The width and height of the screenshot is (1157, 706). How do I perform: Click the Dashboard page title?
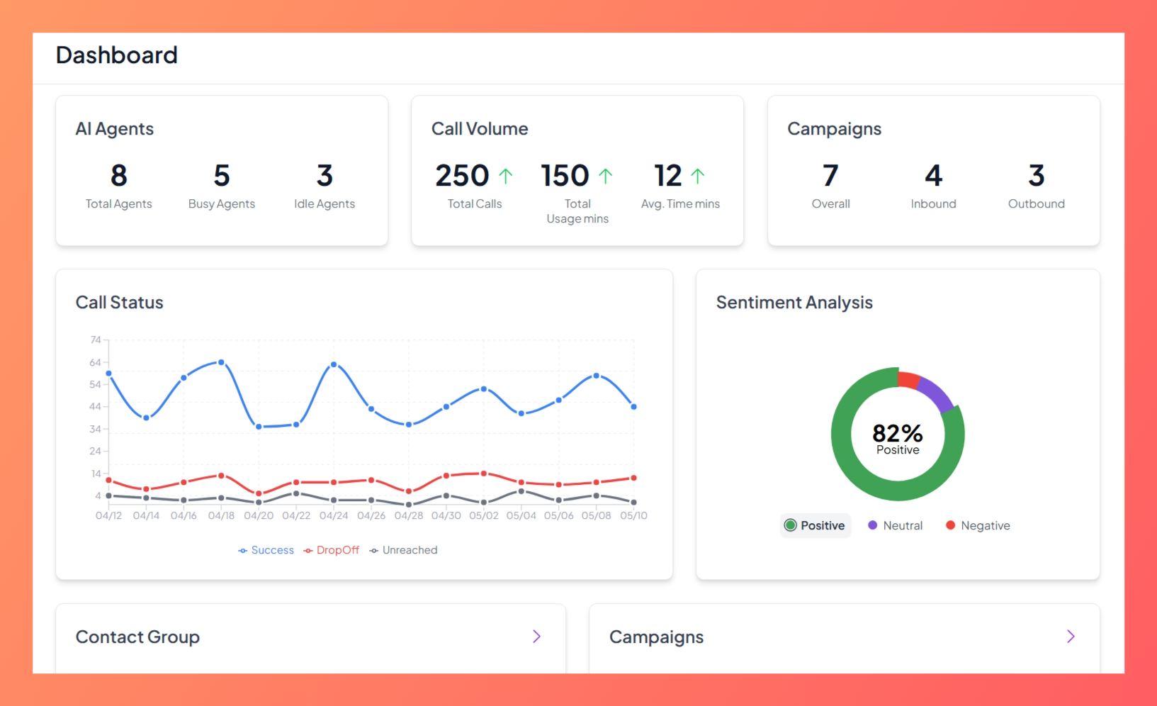117,55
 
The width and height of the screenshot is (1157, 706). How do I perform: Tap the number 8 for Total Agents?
119,176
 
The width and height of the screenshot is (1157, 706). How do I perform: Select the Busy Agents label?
222,204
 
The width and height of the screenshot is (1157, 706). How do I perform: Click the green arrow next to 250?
505,176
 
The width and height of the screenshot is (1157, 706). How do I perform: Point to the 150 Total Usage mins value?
565,176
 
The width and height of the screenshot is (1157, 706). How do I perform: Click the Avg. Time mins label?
680,204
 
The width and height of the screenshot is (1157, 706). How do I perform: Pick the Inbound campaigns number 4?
933,176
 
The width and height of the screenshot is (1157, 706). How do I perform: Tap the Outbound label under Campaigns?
1036,204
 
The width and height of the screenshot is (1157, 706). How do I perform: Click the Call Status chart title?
120,303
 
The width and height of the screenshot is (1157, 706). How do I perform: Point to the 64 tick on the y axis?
95,363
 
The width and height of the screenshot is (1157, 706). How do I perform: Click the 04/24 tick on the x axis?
334,516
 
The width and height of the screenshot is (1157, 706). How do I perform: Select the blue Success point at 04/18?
221,362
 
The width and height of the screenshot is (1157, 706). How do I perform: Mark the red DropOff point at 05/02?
484,474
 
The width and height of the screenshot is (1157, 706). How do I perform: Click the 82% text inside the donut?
897,433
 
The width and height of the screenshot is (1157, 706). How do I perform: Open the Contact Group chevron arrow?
536,637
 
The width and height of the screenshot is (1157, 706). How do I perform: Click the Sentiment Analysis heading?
794,303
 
